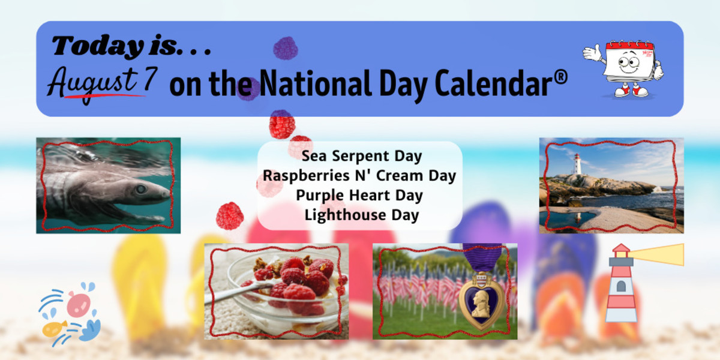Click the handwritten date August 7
[102, 83]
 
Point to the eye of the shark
[140, 189]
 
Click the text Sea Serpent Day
[362, 156]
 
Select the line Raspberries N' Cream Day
[359, 176]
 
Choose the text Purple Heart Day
[359, 196]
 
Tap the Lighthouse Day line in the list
[362, 215]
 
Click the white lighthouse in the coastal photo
[577, 164]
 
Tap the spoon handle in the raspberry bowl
[238, 293]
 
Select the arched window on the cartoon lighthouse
[621, 286]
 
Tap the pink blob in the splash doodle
[79, 304]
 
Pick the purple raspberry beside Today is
[286, 48]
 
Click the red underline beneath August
[104, 95]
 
